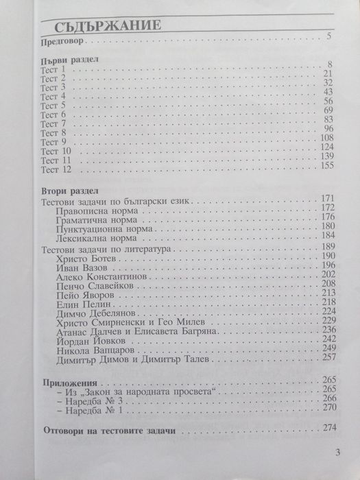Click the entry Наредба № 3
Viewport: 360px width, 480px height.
coord(95,400)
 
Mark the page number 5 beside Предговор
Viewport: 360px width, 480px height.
coord(329,36)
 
